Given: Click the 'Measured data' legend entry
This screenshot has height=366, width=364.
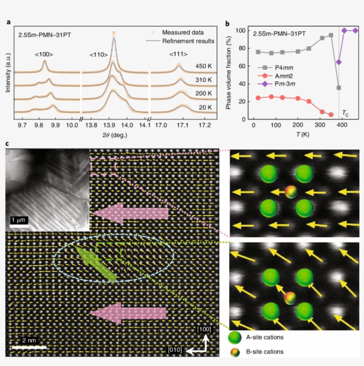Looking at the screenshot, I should tap(182, 32).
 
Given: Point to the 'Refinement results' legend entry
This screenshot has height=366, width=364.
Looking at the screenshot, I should tap(188, 41).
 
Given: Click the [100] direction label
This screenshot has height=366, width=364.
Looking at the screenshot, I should tap(204, 329).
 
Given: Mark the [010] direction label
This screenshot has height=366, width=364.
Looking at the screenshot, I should tap(175, 350).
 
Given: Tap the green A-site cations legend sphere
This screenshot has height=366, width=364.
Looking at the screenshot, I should tap(235, 338).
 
